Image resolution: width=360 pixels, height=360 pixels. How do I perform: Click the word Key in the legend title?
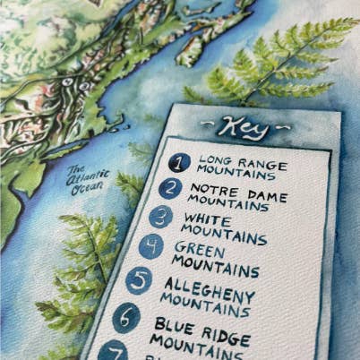click(243, 128)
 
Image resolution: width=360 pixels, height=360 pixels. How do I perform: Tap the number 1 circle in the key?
click(180, 162)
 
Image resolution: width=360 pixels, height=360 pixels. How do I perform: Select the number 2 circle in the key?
click(170, 188)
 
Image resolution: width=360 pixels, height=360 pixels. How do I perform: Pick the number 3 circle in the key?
click(160, 216)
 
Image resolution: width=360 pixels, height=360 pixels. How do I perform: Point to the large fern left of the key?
click(85, 269)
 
